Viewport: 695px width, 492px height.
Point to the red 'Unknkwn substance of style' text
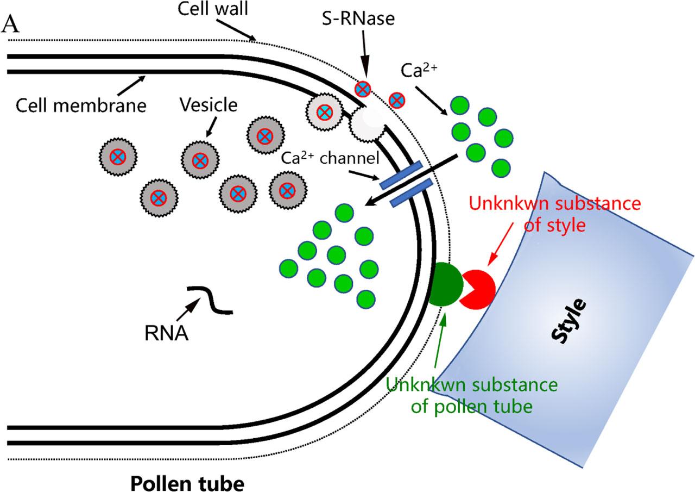[555, 214]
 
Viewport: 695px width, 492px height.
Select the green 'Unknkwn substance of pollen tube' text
[471, 395]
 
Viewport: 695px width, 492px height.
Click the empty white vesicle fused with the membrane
[363, 124]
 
